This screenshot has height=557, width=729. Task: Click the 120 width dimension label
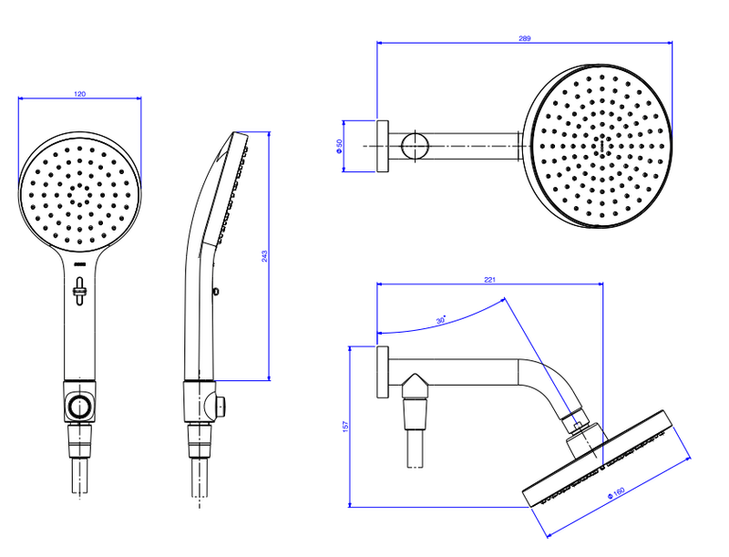click(80, 94)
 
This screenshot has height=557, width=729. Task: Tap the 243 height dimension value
click(264, 256)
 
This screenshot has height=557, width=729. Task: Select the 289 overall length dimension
click(525, 38)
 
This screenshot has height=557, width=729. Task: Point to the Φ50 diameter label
click(339, 146)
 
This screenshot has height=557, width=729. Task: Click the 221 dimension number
click(490, 280)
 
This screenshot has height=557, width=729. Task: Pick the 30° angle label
click(441, 320)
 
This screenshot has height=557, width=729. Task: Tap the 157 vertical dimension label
click(345, 427)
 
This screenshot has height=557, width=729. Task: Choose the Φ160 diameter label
click(616, 493)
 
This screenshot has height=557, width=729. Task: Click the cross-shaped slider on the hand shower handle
click(79, 291)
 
